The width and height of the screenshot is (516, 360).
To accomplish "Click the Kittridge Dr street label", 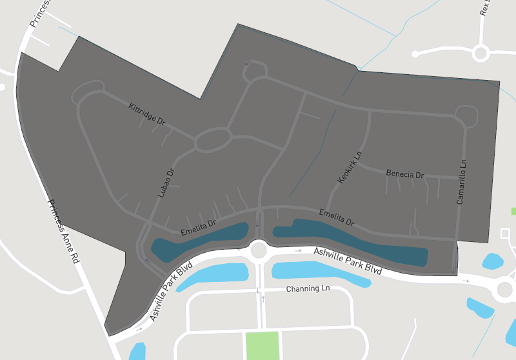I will (x=147, y=114).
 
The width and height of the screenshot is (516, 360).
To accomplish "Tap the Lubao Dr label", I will (x=166, y=183).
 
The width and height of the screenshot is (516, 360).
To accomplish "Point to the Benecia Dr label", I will (x=404, y=174).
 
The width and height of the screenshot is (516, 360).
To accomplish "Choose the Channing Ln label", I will (x=307, y=288).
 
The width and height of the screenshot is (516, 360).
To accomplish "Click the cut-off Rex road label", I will (x=485, y=8).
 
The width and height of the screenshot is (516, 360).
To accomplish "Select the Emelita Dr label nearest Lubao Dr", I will (x=198, y=227).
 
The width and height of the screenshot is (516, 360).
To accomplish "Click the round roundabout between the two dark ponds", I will (x=259, y=248).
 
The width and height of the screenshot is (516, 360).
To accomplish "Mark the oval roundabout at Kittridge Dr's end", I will (x=213, y=139).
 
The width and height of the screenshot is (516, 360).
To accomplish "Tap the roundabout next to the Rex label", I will (x=481, y=52).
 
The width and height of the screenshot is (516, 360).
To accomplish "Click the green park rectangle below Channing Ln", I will (x=263, y=345).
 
